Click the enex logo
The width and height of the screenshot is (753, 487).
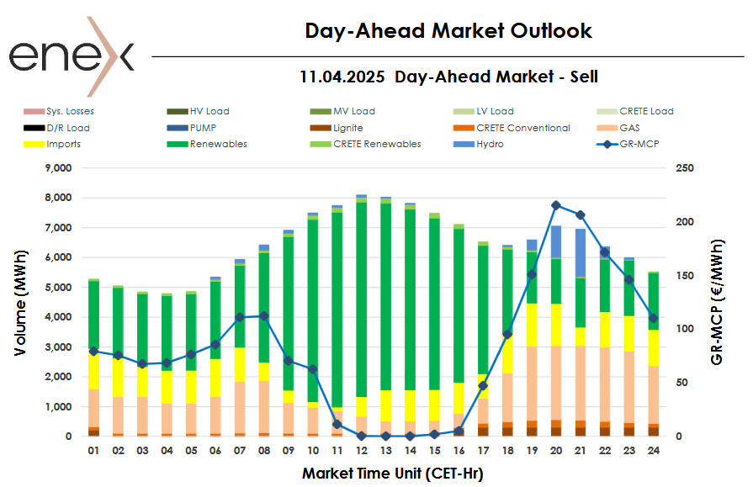pos(71,56)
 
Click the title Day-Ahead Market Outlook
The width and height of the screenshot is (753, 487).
pos(448,31)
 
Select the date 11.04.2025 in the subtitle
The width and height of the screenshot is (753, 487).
pos(342,77)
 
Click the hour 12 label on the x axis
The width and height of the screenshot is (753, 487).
pos(362,451)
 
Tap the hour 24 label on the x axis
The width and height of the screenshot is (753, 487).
pos(653,451)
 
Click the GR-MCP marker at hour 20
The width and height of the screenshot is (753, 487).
pos(556,205)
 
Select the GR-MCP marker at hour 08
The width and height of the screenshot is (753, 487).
pos(264,316)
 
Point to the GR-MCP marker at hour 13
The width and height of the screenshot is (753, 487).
pos(386,436)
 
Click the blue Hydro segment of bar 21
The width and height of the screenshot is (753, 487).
pos(580,252)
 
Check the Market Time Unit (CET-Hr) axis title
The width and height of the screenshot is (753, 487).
pos(392,474)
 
